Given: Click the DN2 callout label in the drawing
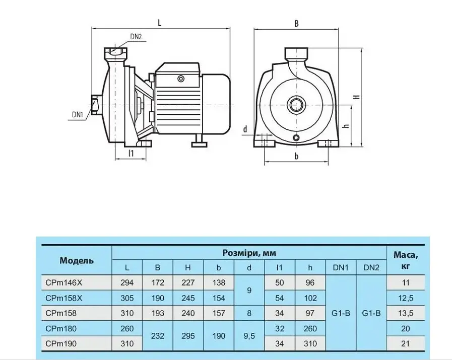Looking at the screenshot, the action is [x=136, y=37].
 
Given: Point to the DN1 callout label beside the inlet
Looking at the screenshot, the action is [x=78, y=115].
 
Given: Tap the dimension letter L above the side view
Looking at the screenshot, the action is [x=159, y=23].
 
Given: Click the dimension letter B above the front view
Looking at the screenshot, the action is [x=296, y=24].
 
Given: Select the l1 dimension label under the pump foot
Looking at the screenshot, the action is [x=131, y=153].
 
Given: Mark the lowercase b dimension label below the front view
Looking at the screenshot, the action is [x=296, y=156].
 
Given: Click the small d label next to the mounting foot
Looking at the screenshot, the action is [x=245, y=129].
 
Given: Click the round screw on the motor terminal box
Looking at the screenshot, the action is [x=181, y=79].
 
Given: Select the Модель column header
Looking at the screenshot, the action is [x=77, y=261].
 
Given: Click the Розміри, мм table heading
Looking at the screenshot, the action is [x=249, y=253].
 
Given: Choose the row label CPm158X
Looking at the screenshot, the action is [x=63, y=298].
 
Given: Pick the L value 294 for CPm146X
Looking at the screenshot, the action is [x=127, y=283].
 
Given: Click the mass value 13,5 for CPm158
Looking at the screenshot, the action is [x=406, y=313].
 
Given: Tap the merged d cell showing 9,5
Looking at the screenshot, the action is [x=249, y=336].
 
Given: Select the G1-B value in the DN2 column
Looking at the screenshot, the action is [x=371, y=313].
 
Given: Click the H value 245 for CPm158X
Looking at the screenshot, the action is [x=188, y=298].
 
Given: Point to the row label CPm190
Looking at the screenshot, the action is [x=61, y=343].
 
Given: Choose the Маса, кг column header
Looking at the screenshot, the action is [x=406, y=260].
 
